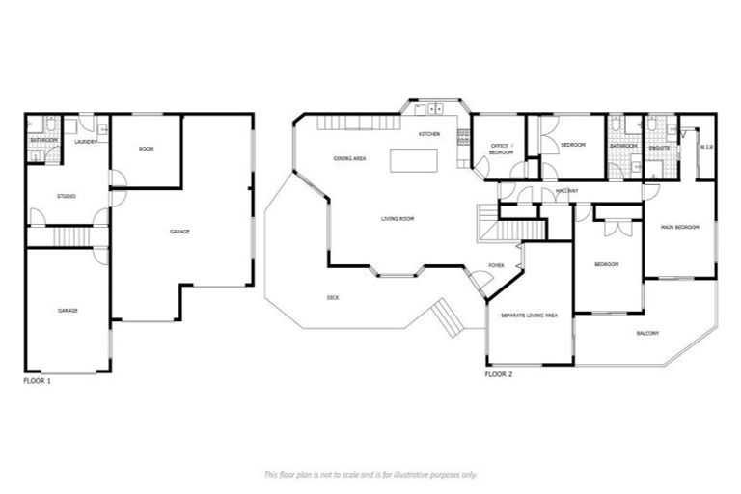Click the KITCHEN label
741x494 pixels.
[429, 134]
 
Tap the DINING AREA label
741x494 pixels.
[348, 158]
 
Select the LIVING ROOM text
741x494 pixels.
[398, 220]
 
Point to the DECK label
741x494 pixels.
[333, 297]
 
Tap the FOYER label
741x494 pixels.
[496, 265]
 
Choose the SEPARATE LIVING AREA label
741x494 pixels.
[529, 316]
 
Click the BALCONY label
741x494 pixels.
[647, 334]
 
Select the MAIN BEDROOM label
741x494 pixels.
[680, 227]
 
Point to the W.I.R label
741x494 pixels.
[705, 148]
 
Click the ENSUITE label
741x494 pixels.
[660, 148]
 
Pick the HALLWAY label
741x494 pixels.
[566, 192]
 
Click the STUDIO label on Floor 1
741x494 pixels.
[67, 197]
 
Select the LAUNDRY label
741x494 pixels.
[86, 141]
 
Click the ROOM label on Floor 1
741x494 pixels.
[146, 149]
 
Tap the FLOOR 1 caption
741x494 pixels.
[37, 382]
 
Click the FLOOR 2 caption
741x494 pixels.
[498, 373]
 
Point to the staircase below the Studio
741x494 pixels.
[70, 236]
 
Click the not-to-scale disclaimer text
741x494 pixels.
[370, 474]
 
